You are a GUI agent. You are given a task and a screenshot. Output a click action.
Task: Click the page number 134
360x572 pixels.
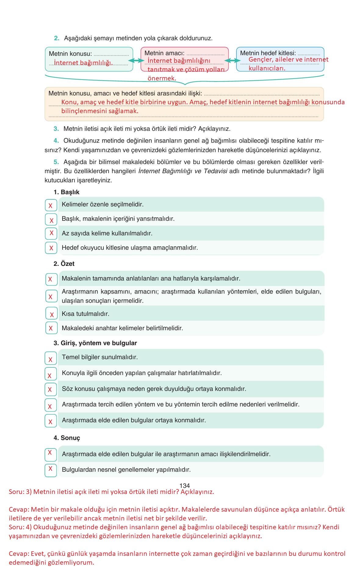pyautogui.click(x=185, y=485)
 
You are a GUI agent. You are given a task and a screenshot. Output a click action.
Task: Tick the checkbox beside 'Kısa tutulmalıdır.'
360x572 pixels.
pyautogui.click(x=52, y=313)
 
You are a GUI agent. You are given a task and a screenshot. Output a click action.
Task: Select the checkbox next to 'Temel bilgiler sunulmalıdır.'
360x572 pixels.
pyautogui.click(x=51, y=358)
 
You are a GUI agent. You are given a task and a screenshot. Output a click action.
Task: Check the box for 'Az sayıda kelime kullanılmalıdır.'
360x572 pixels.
pyautogui.click(x=51, y=233)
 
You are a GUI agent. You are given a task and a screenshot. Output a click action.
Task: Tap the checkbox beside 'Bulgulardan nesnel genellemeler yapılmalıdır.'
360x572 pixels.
pyautogui.click(x=51, y=470)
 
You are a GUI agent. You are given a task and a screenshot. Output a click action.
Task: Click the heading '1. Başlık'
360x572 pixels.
pyautogui.click(x=67, y=192)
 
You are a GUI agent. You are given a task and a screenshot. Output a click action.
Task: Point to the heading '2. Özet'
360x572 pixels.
pyautogui.click(x=64, y=264)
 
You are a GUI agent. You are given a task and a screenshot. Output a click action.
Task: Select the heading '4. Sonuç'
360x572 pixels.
pyautogui.click(x=67, y=438)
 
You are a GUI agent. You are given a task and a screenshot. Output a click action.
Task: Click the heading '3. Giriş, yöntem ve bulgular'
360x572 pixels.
pyautogui.click(x=95, y=343)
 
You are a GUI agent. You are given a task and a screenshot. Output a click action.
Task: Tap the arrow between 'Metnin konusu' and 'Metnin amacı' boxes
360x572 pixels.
pyautogui.click(x=137, y=61)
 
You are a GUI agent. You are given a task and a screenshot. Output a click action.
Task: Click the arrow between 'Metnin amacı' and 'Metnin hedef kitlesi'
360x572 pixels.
pyautogui.click(x=232, y=61)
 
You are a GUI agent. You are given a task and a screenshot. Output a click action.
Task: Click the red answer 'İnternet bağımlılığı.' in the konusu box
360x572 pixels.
pyautogui.click(x=83, y=63)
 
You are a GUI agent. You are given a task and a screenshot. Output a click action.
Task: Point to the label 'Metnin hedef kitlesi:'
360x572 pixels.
pyautogui.click(x=268, y=53)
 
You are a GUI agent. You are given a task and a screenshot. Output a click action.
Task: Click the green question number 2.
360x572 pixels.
pyautogui.click(x=56, y=38)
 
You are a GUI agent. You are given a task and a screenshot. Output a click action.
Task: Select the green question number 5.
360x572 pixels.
pyautogui.click(x=56, y=162)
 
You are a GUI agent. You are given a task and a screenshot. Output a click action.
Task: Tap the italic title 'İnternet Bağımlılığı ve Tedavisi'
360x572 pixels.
pyautogui.click(x=182, y=171)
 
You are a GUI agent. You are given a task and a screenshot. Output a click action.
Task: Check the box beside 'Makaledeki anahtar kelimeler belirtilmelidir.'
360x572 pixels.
pyautogui.click(x=51, y=328)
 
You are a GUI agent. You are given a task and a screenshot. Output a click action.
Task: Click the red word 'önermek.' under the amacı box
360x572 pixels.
pyautogui.click(x=162, y=78)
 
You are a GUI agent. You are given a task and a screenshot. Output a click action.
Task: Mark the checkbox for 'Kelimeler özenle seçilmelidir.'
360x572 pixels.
pyautogui.click(x=51, y=205)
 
